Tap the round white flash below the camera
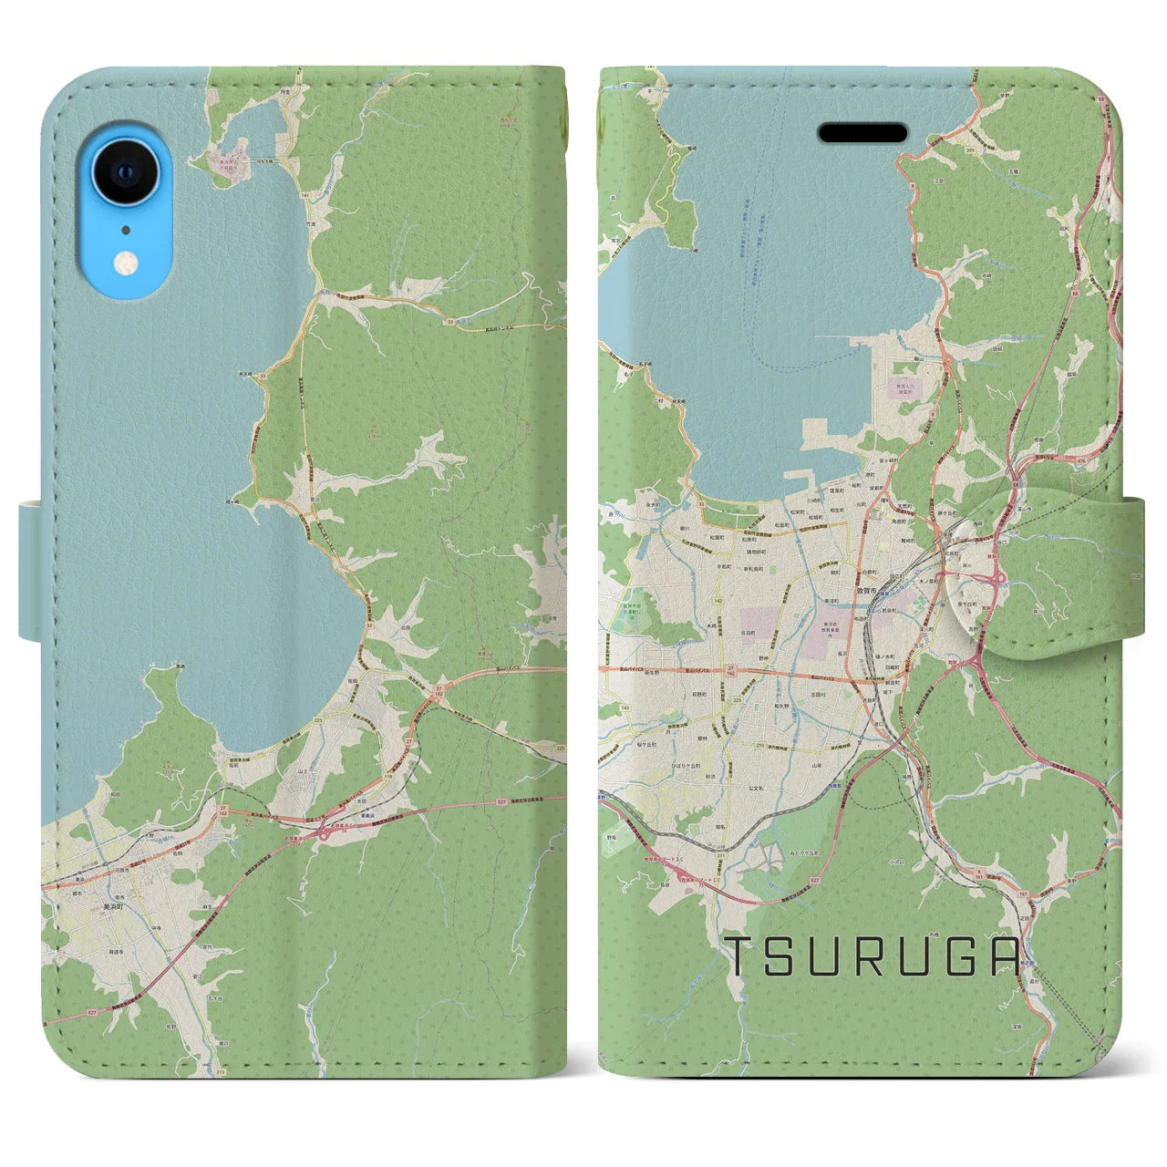coord(126,264)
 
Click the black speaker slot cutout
coord(862,133)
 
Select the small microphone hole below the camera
coord(126,229)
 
